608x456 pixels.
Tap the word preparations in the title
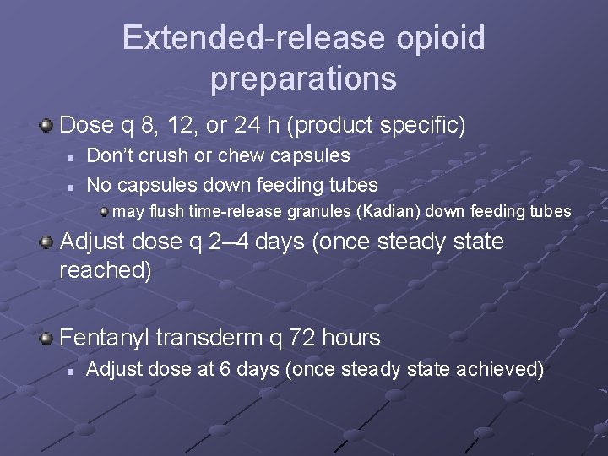(303, 79)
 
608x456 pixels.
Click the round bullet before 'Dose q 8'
(46, 127)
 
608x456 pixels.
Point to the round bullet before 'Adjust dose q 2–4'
(46, 243)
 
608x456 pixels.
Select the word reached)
(106, 271)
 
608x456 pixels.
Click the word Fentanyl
(104, 339)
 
